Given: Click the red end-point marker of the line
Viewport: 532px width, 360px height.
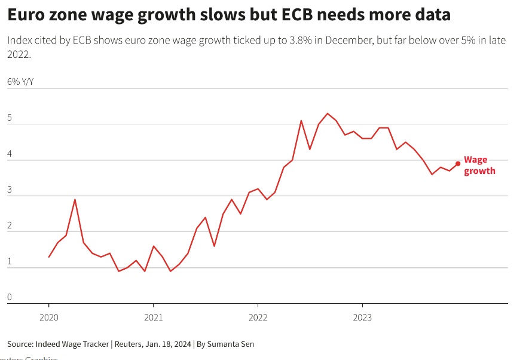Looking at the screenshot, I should tap(458, 163).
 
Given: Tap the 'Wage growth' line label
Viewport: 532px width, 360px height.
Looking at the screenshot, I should tap(479, 165).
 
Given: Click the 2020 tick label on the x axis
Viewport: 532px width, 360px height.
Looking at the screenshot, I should tap(48, 316).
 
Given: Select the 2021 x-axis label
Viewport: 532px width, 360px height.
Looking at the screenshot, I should tap(154, 316).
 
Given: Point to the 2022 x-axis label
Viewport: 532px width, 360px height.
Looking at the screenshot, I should tap(258, 316).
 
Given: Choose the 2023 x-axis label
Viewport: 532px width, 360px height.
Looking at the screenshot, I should tap(363, 316).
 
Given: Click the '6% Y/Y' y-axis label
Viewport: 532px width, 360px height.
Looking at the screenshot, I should tap(20, 81).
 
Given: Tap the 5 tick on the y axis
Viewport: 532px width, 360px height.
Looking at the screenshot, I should tap(10, 118).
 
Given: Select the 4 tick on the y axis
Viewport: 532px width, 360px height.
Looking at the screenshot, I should tap(10, 154).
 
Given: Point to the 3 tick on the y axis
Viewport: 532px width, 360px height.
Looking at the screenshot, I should tap(10, 190).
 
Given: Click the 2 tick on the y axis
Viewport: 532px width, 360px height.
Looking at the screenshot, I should tap(10, 225).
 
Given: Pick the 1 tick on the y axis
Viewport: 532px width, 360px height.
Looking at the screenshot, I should tap(10, 261).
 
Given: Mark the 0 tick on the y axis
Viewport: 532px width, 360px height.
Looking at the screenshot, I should tap(10, 297).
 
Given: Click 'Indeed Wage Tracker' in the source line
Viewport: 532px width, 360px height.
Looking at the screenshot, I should tap(72, 344).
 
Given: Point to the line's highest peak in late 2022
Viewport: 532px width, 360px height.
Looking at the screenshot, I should tap(328, 114).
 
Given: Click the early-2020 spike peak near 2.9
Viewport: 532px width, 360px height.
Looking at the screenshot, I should tap(75, 199).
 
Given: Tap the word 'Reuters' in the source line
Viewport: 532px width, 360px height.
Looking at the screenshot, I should tap(127, 344).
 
